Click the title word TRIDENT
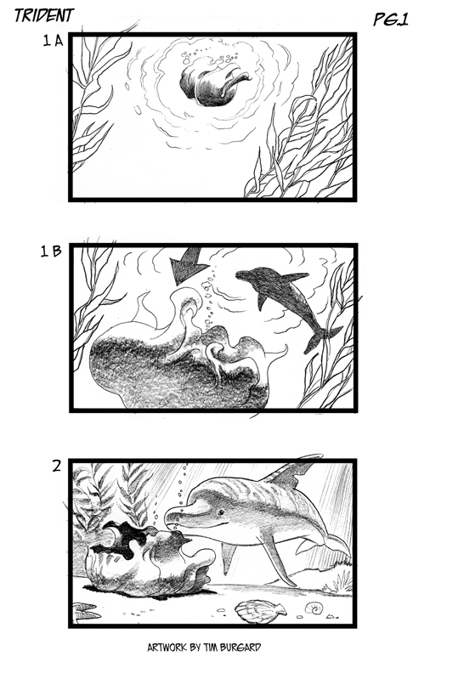(x=44, y=15)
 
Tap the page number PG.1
(x=390, y=20)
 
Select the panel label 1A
(x=53, y=41)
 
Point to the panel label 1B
(x=51, y=251)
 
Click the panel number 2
(x=57, y=467)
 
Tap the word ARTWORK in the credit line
(x=165, y=648)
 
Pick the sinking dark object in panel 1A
(x=212, y=85)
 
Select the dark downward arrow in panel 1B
(x=185, y=266)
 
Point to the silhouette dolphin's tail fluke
(x=323, y=339)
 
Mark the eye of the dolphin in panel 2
(x=221, y=512)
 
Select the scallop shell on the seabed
(x=260, y=611)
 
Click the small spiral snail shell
(x=314, y=608)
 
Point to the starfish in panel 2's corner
(x=85, y=613)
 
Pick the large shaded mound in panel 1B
(x=180, y=365)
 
